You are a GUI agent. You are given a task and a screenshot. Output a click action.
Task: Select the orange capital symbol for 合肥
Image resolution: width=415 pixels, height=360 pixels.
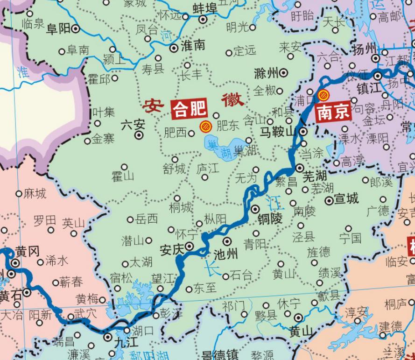tap(205, 126)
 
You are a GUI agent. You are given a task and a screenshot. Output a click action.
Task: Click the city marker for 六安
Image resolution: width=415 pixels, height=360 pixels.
tap(139, 135)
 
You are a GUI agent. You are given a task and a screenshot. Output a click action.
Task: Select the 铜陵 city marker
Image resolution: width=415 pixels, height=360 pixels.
tap(256, 209)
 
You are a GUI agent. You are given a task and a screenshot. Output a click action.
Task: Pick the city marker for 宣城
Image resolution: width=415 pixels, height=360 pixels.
tap(329, 200)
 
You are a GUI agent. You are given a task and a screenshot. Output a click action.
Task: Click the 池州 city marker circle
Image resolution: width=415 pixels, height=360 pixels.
tap(227, 241)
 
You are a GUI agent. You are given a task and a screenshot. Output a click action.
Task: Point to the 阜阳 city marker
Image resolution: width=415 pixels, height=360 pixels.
tap(76, 29)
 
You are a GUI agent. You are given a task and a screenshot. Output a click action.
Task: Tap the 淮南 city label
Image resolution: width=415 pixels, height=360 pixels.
tap(193, 45)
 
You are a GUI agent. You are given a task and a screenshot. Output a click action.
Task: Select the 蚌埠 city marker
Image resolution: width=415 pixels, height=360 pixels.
tap(203, 20)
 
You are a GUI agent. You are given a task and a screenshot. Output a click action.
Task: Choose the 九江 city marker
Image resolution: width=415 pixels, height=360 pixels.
tap(108, 336)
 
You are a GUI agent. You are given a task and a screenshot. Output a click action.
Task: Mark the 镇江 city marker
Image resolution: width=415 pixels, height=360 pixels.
tap(378, 76)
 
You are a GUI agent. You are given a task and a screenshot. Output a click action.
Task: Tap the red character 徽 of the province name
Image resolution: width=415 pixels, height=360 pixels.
tap(232, 99)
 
